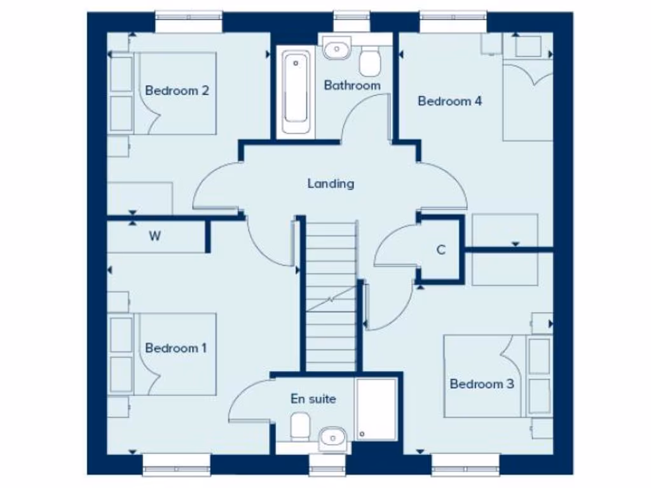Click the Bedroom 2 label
pyautogui.click(x=177, y=90)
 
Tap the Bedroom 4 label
pyautogui.click(x=449, y=101)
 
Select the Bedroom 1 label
pyautogui.click(x=176, y=348)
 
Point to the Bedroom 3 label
pyautogui.click(x=481, y=384)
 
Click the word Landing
pyautogui.click(x=331, y=184)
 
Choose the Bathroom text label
pyautogui.click(x=352, y=85)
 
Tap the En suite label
pyautogui.click(x=313, y=399)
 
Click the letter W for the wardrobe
pyautogui.click(x=154, y=237)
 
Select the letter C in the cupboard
pyautogui.click(x=441, y=250)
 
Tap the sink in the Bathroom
pyautogui.click(x=336, y=48)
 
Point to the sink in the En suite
pyautogui.click(x=332, y=437)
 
